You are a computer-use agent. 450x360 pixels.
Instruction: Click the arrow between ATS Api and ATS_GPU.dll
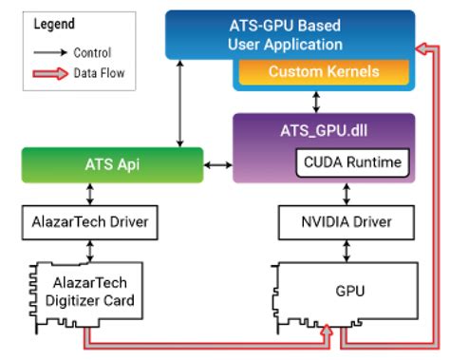point(219,165)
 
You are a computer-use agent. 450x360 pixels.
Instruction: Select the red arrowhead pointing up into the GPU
point(326,329)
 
